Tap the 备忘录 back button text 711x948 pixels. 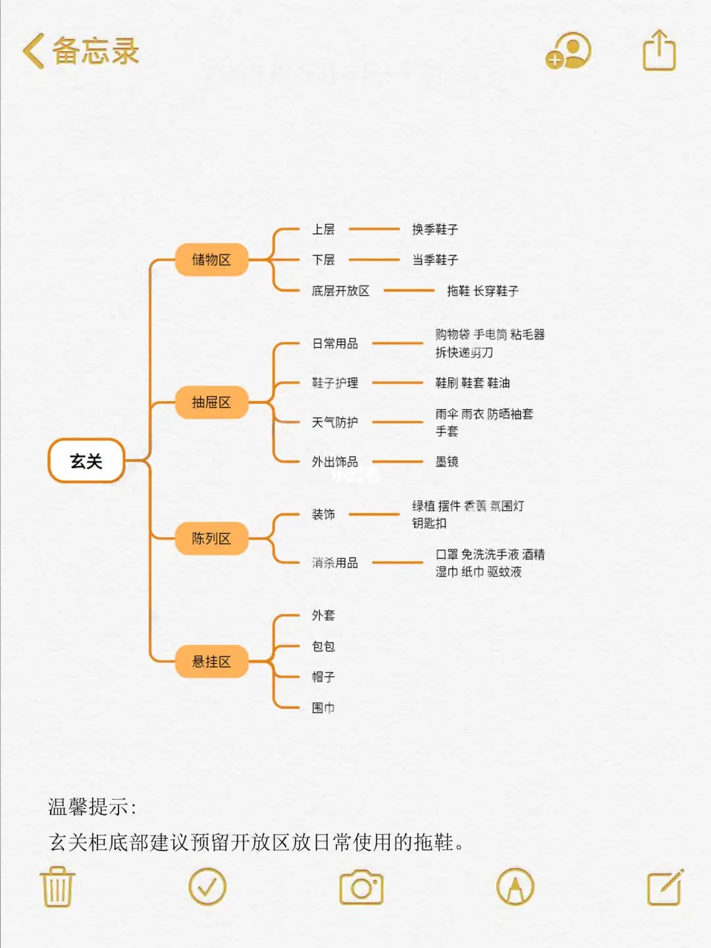point(95,51)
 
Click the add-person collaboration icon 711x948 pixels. point(568,51)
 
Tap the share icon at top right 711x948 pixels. point(659,51)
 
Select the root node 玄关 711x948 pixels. point(86,461)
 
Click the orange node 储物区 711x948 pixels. point(211,259)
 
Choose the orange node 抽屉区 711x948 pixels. point(211,402)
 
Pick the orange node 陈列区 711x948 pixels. point(211,539)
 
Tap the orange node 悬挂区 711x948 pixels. point(211,662)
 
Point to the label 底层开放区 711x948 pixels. point(340,290)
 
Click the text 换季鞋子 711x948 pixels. point(434,229)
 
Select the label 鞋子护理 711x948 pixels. point(334,382)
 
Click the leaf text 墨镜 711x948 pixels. point(446,461)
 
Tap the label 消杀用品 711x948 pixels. point(334,563)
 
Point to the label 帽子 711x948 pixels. point(323,677)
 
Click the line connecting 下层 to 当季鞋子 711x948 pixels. point(374,260)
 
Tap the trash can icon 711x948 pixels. point(58,887)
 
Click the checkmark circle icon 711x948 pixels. point(207,887)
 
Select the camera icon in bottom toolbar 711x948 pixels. point(361,887)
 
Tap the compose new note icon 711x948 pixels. point(665,887)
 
